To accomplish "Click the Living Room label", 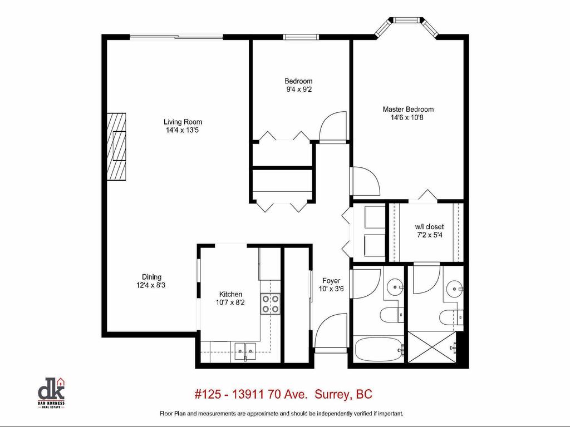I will pyautogui.click(x=183, y=122).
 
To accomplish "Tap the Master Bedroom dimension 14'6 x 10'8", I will pyautogui.click(x=407, y=117).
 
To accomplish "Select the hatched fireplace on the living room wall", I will pyautogui.click(x=116, y=145).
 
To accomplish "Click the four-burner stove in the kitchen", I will pyautogui.click(x=271, y=304).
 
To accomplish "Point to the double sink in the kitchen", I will pyautogui.click(x=244, y=350).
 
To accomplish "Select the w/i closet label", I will pyautogui.click(x=429, y=227).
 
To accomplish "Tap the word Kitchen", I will pyautogui.click(x=230, y=294).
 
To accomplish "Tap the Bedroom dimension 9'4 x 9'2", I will pyautogui.click(x=298, y=89).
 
